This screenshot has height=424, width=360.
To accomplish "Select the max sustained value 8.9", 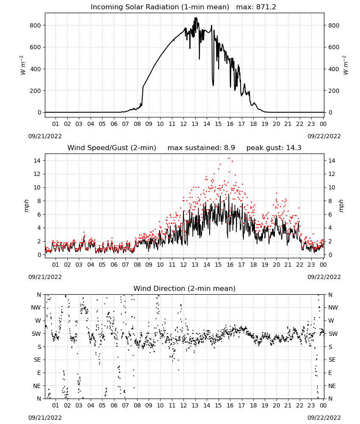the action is pyautogui.click(x=230, y=148).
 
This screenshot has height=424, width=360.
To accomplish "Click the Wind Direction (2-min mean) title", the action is pyautogui.click(x=185, y=288).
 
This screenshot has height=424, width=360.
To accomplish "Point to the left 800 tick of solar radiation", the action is pyautogui.click(x=36, y=25).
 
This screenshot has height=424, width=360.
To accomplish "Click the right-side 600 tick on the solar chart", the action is pyautogui.click(x=334, y=47).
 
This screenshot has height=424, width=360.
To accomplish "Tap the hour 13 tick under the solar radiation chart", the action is pyautogui.click(x=195, y=124).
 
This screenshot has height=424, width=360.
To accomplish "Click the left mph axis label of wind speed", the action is pyautogui.click(x=26, y=206).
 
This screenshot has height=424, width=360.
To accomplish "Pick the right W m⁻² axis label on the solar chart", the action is pyautogui.click(x=346, y=65).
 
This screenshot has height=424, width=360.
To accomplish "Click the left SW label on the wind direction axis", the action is pyautogui.click(x=36, y=334).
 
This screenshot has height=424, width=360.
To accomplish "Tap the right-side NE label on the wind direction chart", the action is pyautogui.click(x=332, y=386).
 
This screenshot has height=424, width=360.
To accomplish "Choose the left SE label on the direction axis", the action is pyautogui.click(x=38, y=360).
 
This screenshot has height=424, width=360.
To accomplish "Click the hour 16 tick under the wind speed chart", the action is pyautogui.click(x=230, y=265).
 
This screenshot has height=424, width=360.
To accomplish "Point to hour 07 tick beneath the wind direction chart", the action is pyautogui.click(x=125, y=405).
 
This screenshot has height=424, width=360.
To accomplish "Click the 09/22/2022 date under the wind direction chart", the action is pyautogui.click(x=324, y=418).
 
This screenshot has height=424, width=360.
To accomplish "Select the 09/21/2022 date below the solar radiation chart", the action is pyautogui.click(x=45, y=136).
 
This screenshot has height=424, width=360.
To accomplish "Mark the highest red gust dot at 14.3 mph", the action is pyautogui.click(x=229, y=159).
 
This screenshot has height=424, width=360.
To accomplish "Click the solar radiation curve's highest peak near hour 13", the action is pyautogui.click(x=196, y=18).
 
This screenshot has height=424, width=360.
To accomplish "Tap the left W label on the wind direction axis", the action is pyautogui.click(x=39, y=321).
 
